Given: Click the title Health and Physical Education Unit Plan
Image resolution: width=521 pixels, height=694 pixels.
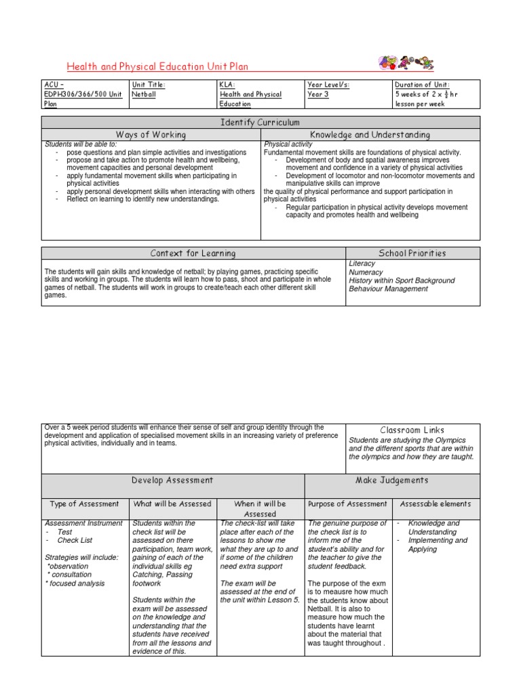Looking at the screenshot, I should (x=157, y=66).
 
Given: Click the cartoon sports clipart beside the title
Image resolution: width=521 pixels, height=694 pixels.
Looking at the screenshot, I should (x=406, y=63).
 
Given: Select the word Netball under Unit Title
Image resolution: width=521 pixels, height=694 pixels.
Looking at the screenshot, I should (x=144, y=94).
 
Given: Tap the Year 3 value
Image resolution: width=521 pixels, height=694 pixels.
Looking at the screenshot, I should (x=318, y=94).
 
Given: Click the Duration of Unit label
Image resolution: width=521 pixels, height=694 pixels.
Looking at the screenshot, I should (x=421, y=85).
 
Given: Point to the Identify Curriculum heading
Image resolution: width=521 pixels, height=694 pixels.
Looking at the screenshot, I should (x=260, y=122).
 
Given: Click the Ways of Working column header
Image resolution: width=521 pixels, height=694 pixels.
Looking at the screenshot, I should (x=151, y=135).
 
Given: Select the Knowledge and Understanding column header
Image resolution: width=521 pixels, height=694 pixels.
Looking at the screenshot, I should (x=370, y=135).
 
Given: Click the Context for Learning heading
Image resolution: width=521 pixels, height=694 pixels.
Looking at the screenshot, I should (x=193, y=253).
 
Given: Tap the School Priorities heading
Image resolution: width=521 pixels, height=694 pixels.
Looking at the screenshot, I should (x=412, y=253).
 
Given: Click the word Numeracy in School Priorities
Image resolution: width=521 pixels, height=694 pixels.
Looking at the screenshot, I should (x=366, y=272).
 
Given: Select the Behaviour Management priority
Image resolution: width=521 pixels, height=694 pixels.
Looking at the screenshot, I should (x=389, y=289).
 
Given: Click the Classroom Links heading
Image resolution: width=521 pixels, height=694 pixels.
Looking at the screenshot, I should (x=412, y=430).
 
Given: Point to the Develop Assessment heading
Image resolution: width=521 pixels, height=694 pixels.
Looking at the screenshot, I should (x=172, y=481).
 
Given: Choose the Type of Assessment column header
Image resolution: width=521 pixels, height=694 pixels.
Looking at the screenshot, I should (x=85, y=504).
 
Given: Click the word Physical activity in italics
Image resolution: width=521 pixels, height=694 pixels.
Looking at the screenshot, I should (x=288, y=144).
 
